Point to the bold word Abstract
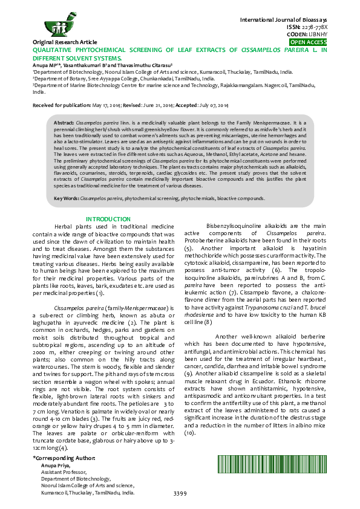pyautogui.click(x=64, y=122)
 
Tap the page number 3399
pyautogui.click(x=180, y=493)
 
